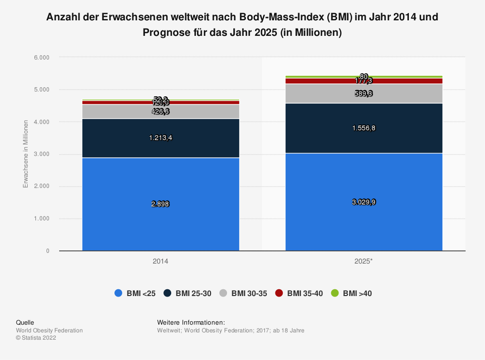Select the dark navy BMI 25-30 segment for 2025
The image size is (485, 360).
point(364,141)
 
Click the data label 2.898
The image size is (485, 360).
point(161,204)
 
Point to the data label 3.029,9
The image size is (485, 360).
point(364,202)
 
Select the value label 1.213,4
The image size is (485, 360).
point(161,138)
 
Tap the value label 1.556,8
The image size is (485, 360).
point(364,128)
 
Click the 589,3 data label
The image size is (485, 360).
point(364,93)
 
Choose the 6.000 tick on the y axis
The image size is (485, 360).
point(42,57)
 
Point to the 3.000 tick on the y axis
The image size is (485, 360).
point(42,154)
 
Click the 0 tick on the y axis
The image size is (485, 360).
point(48,251)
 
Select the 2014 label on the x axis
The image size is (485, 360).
point(161,261)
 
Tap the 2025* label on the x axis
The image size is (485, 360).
point(364,261)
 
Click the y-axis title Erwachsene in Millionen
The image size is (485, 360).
point(26,154)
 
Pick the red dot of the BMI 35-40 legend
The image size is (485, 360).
point(279,293)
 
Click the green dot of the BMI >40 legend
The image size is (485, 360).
point(335,293)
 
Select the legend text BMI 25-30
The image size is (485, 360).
point(193,293)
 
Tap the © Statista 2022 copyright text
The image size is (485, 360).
point(36,338)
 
